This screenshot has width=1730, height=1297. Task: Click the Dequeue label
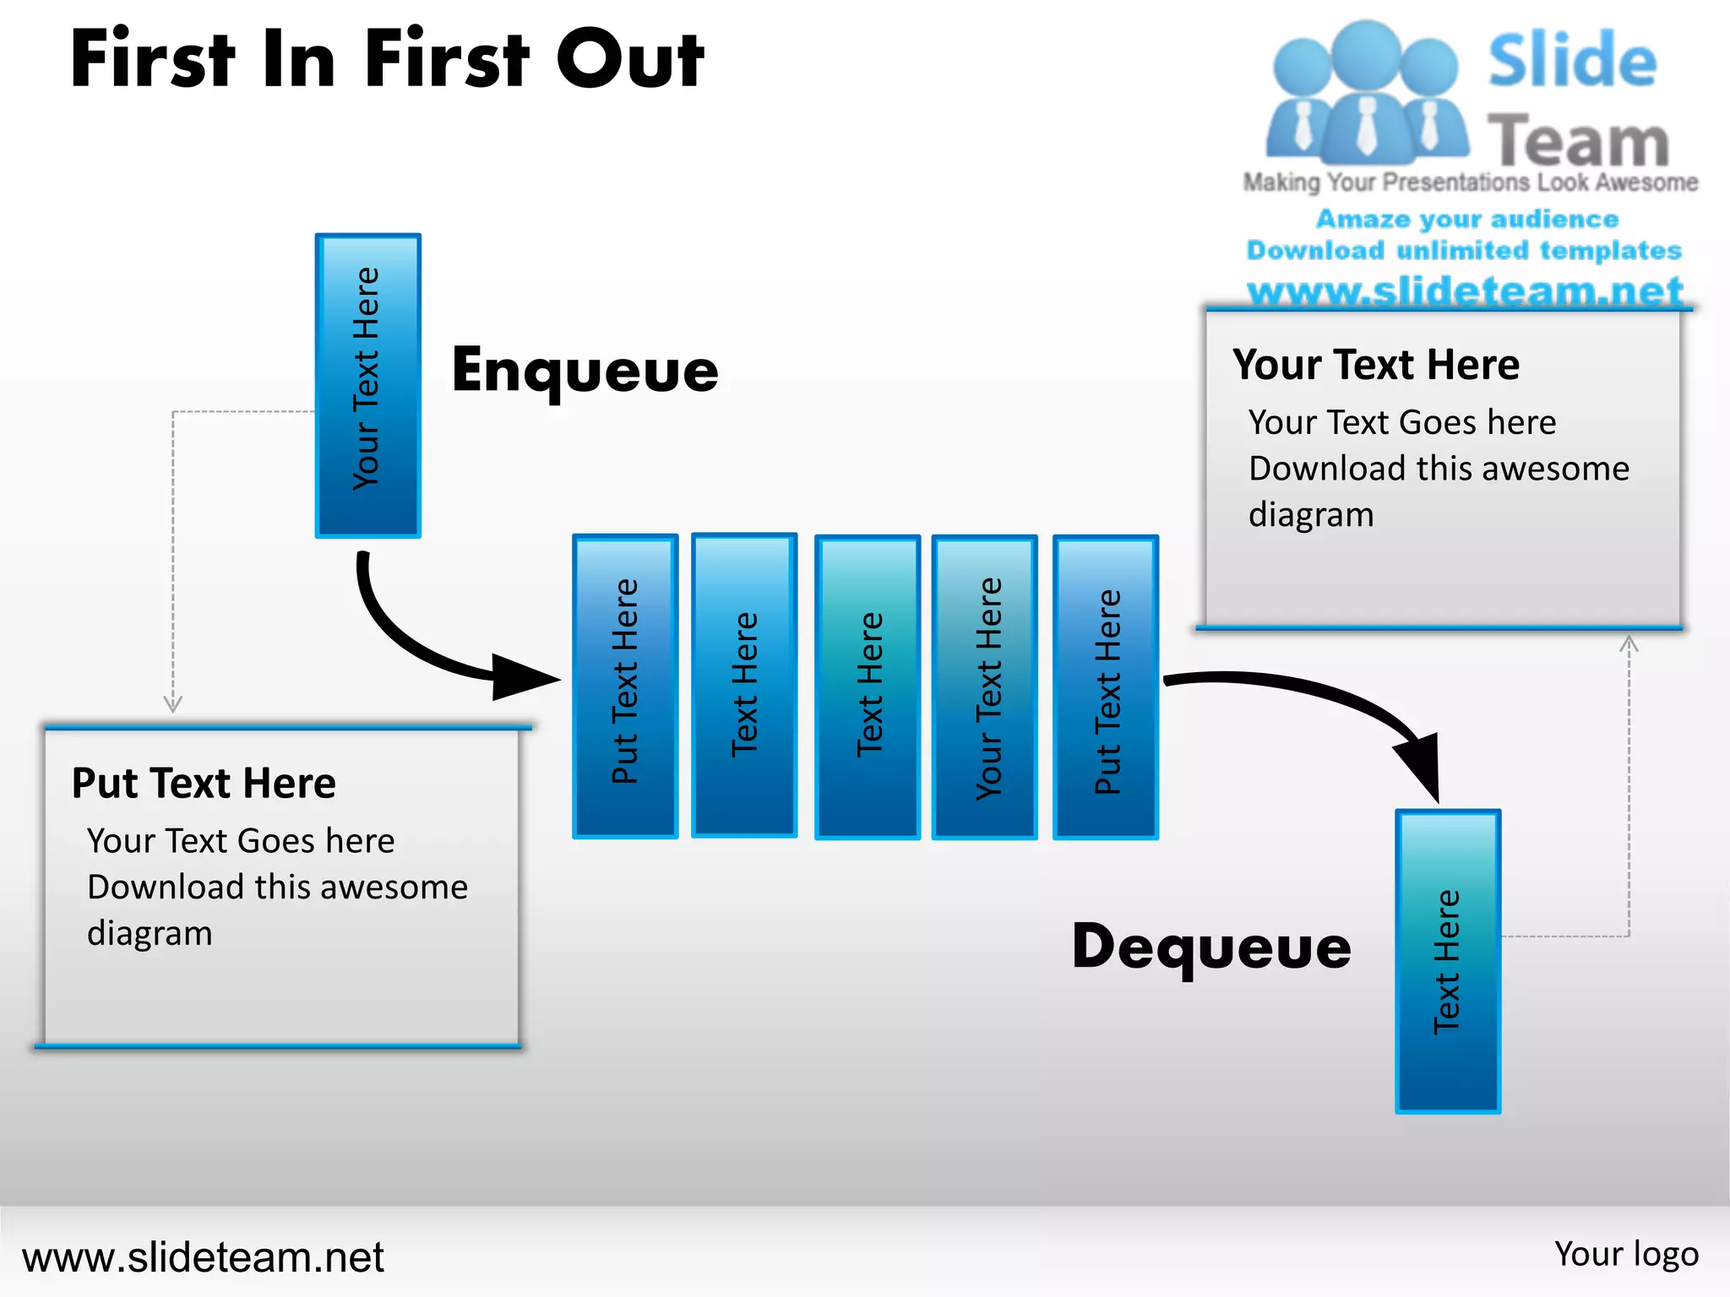click(x=1210, y=947)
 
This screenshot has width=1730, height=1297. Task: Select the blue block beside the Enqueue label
click(x=367, y=385)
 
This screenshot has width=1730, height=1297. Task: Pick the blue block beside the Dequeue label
click(x=1447, y=961)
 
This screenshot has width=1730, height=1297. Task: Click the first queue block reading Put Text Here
click(x=625, y=686)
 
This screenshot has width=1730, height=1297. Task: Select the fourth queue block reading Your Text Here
click(x=984, y=686)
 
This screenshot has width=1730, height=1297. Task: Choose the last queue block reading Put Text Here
click(x=1105, y=686)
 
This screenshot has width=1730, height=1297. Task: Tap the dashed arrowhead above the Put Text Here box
click(x=173, y=703)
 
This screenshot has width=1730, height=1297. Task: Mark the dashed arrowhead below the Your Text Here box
click(x=1629, y=644)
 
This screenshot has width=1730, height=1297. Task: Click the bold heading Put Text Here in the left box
click(x=204, y=783)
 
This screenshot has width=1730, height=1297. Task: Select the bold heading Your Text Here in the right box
click(x=1376, y=365)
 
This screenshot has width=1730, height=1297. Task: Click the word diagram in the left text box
click(x=150, y=933)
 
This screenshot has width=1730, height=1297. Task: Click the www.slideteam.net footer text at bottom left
click(x=203, y=1256)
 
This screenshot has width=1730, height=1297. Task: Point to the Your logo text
click(x=1626, y=1254)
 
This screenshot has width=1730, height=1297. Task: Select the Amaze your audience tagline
click(x=1467, y=219)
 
